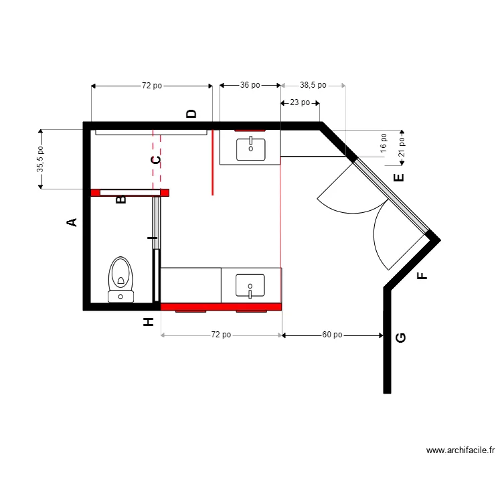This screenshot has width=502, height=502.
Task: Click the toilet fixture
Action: click(121, 278)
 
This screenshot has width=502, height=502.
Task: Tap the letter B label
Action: click(121, 199)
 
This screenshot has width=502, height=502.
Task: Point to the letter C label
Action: click(155, 160)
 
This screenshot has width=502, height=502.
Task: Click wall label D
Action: click(191, 114)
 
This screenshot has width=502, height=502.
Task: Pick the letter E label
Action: click(399, 177)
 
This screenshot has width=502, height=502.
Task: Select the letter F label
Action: click(421, 276)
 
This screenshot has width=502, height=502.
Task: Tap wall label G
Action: click(401, 337)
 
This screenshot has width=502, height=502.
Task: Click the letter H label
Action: click(149, 322)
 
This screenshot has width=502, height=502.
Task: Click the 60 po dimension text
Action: click(332, 335)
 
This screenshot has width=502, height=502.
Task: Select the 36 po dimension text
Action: click(250, 86)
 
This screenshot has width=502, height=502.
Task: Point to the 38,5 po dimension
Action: click(313, 86)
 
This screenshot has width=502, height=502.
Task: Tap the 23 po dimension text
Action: click(299, 102)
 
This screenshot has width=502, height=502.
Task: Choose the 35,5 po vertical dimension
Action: click(41, 159)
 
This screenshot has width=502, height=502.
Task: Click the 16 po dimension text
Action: click(384, 143)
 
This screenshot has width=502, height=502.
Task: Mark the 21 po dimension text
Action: click(402, 147)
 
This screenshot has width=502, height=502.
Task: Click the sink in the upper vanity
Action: click(250, 147)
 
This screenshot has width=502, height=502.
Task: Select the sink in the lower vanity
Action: click(250, 286)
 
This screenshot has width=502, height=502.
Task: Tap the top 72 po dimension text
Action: click(151, 86)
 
